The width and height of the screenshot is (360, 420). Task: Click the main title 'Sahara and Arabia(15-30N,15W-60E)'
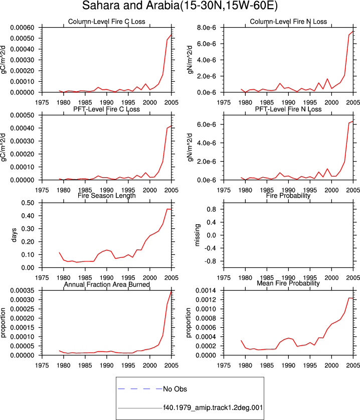180,6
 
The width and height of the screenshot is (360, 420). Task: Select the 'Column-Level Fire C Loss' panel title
106,22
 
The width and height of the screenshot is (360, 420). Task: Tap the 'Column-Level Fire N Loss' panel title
288,22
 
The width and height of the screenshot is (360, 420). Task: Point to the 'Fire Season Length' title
106,196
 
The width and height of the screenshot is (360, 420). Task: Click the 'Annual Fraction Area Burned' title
106,284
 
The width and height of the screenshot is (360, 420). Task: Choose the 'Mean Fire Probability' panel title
288,283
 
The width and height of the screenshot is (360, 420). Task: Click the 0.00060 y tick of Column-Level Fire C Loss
22,28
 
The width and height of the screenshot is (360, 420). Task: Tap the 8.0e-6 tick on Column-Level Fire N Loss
207,28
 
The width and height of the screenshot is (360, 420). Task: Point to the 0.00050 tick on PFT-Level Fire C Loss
22,115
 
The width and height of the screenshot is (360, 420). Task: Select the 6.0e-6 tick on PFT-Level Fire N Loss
207,124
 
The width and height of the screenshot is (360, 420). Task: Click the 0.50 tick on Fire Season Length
28,203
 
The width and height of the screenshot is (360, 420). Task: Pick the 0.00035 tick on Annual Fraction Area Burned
22,291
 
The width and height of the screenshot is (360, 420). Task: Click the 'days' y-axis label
14,235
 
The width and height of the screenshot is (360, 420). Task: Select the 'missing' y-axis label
197,235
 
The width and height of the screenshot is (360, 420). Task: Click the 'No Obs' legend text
175,389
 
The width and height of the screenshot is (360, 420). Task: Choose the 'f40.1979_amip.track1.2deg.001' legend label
213,407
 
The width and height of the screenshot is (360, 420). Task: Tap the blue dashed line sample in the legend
140,389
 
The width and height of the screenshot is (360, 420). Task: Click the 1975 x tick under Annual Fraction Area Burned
42,365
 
